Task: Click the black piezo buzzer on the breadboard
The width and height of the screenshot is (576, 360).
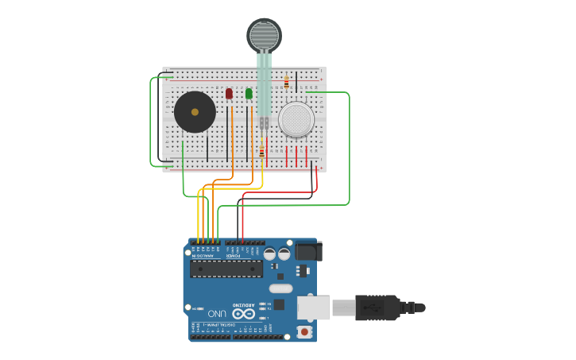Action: coord(195,112)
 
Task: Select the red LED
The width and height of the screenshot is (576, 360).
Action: coord(229,94)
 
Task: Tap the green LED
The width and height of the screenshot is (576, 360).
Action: coord(249,94)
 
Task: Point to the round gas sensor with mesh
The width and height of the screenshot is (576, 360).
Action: coord(296,119)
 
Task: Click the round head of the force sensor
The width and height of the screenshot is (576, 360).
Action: coord(264,35)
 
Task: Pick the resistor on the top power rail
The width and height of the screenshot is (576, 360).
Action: coord(286,83)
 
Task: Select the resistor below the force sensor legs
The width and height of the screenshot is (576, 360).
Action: coord(261,151)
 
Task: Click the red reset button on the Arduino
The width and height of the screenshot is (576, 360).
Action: coord(303,331)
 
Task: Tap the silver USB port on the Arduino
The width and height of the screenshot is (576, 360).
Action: coord(313,308)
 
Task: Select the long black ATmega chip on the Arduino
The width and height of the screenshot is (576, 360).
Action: coord(226,268)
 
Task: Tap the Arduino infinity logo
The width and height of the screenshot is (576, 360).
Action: coord(243,314)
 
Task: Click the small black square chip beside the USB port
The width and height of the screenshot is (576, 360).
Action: coord(279,304)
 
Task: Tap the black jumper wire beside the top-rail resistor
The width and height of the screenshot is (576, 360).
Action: coord(296,82)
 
